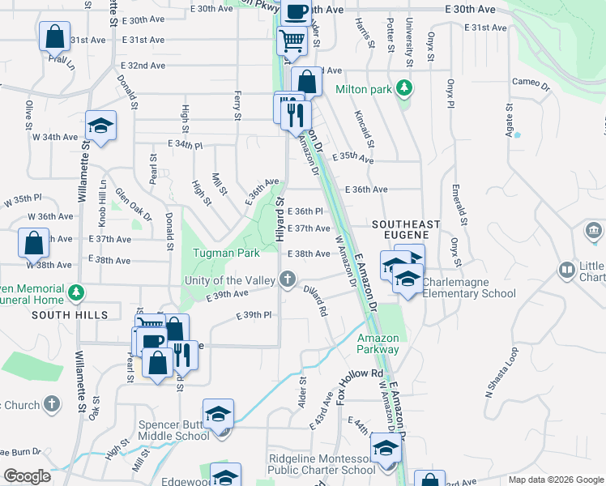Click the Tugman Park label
(226, 253)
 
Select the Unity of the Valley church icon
(287, 280)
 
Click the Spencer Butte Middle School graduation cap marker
(218, 415)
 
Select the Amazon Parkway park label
(378, 343)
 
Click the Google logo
(27, 475)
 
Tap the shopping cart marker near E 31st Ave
(292, 39)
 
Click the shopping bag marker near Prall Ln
(54, 36)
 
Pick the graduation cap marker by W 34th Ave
(100, 126)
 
